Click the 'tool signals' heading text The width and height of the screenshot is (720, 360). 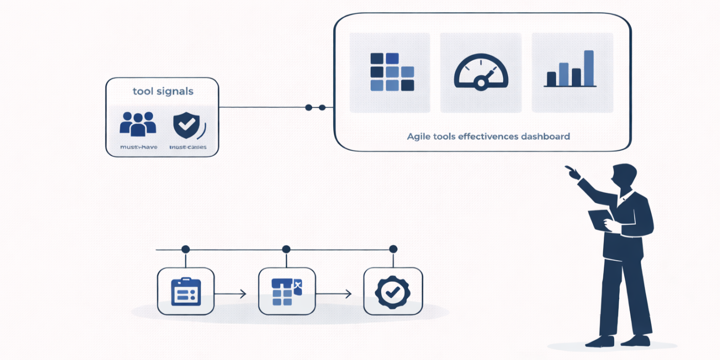coord(163,92)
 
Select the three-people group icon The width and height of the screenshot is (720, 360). coord(137,124)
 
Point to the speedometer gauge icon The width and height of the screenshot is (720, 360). coord(481,73)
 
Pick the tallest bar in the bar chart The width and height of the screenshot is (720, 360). coord(589,68)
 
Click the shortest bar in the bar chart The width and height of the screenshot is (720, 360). coord(551,79)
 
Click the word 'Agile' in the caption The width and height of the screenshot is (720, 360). coord(419,137)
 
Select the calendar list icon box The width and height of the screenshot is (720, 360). coord(186,291)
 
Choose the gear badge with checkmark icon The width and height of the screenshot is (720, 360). coord(393,291)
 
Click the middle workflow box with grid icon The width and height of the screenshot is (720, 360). coord(286,291)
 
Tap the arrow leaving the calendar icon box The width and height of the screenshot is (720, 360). coord(230,294)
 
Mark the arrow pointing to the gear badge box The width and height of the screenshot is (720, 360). coord(334,294)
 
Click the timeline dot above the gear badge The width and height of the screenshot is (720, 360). coord(393,249)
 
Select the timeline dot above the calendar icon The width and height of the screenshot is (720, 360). coord(186,249)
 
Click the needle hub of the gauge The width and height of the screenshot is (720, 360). coord(481,83)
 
